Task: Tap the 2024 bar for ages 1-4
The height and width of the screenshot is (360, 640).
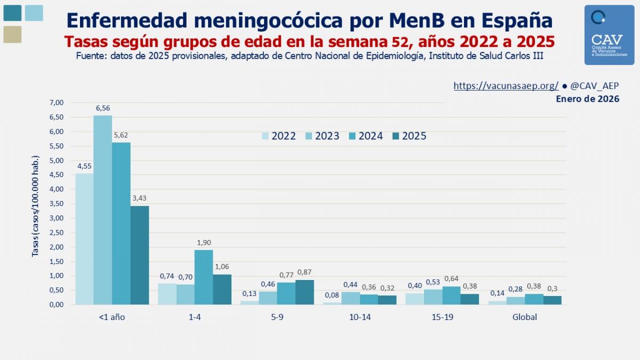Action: (203, 277)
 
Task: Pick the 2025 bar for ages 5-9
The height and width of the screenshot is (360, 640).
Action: (305, 292)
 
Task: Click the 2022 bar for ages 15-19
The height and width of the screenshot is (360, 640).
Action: (415, 299)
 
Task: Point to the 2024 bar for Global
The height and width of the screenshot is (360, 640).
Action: (534, 299)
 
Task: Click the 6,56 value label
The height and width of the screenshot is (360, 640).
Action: (103, 108)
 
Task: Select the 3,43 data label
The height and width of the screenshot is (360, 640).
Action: (140, 198)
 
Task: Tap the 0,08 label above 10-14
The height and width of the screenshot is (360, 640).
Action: (332, 295)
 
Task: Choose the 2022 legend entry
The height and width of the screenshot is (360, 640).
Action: (278, 136)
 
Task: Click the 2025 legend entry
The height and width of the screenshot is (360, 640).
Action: (409, 136)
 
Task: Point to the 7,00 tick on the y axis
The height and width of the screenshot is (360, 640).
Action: (56, 102)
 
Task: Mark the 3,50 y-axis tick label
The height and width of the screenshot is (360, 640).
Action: (56, 204)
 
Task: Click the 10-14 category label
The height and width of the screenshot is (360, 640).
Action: (359, 317)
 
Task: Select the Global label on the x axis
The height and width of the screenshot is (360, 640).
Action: (525, 317)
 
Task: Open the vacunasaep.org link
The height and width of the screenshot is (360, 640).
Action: (506, 86)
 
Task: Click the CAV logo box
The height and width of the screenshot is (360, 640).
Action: (609, 35)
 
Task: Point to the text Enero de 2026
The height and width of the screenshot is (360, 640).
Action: (587, 99)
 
